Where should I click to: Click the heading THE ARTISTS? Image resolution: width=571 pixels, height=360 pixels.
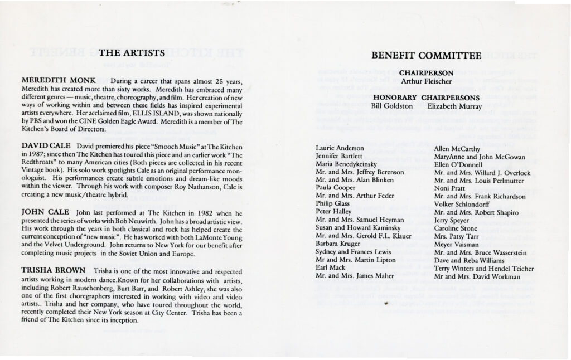131,53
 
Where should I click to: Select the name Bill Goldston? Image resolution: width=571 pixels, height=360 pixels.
390,105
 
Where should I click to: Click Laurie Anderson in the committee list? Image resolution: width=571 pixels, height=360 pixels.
340,148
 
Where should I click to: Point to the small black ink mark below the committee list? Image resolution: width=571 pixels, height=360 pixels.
387,304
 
